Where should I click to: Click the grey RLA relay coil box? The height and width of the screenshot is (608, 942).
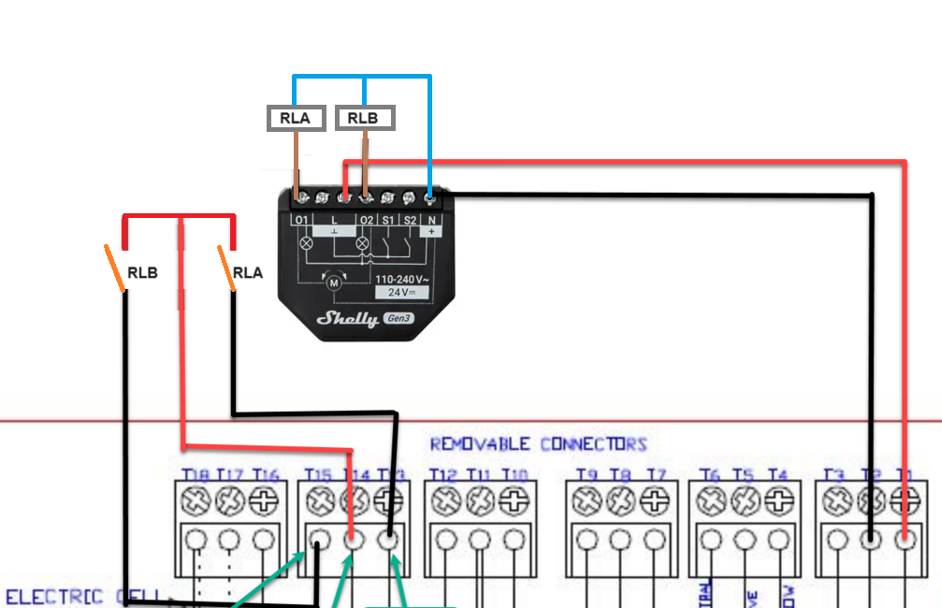point(297,118)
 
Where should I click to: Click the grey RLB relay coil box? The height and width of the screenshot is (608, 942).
point(365,118)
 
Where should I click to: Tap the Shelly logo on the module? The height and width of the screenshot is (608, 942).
point(347,318)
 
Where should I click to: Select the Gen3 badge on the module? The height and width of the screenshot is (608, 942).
point(401,319)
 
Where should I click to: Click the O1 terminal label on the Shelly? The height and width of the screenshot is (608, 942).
point(301,221)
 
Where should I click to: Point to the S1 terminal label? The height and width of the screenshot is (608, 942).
point(386,221)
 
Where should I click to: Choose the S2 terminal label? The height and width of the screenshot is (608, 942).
point(409,221)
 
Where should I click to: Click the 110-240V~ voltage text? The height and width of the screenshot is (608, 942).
point(402,279)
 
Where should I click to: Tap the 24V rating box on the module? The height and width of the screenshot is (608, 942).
point(402,293)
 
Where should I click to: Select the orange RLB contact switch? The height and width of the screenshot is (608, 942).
point(116,268)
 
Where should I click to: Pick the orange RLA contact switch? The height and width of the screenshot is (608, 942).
point(225,268)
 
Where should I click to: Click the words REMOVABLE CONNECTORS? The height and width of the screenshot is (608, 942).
point(538,443)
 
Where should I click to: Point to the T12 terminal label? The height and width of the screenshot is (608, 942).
point(443,475)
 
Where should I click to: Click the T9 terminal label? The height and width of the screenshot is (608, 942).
point(586,475)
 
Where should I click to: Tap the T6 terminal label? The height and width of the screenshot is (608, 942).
point(710,475)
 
